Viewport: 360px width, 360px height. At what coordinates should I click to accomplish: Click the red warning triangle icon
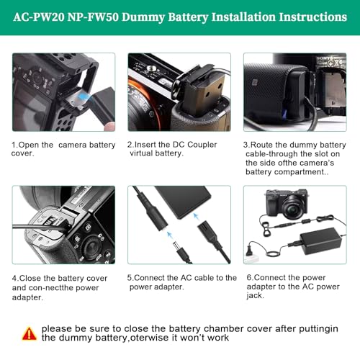coord(29,333)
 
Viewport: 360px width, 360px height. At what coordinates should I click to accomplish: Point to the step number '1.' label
coord(14,145)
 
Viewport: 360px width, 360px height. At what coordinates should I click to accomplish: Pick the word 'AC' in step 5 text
coord(188,278)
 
